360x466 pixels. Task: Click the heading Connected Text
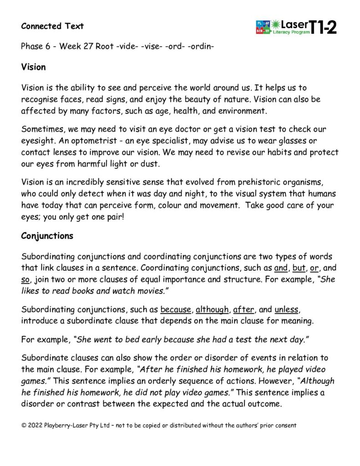click(x=52, y=26)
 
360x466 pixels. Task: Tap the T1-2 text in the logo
click(x=324, y=28)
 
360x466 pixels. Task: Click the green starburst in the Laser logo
click(x=276, y=24)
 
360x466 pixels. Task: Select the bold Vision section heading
click(x=34, y=67)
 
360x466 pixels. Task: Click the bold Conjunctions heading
click(x=47, y=236)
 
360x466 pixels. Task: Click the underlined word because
click(x=176, y=310)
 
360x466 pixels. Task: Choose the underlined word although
click(x=212, y=310)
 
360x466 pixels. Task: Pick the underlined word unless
click(x=286, y=310)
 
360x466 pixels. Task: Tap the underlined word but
click(x=299, y=268)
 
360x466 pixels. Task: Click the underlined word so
click(x=25, y=279)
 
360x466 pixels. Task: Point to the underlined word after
click(x=243, y=310)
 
